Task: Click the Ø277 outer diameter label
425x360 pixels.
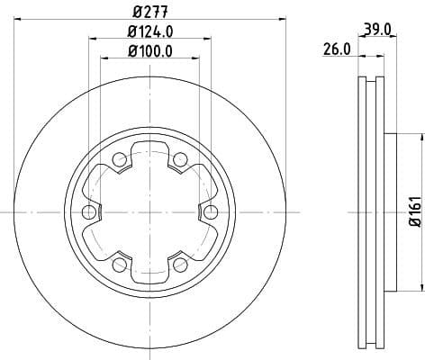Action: (149, 12)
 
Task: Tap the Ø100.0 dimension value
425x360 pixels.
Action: (149, 51)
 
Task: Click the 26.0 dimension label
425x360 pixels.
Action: (336, 50)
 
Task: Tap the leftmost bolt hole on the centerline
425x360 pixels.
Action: (88, 212)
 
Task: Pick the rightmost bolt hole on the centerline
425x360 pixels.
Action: (211, 212)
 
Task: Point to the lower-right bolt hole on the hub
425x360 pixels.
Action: (180, 265)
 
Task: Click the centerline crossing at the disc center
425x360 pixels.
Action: (149, 212)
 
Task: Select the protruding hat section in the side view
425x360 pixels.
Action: (390, 212)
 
